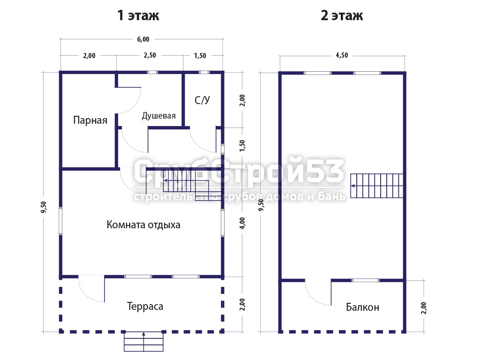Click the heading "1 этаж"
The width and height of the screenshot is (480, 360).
138,15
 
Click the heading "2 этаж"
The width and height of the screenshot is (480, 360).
342,15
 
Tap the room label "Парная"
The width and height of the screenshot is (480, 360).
90,120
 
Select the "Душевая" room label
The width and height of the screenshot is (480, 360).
158,116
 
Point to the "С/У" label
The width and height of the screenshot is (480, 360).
202,100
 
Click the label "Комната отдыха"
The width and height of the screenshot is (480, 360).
143,225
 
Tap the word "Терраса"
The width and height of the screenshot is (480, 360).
145,306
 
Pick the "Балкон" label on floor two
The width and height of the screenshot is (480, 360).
362,307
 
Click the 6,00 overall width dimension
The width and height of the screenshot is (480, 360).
143,39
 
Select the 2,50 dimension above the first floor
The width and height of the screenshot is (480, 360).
150,55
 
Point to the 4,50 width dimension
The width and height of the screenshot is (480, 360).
342,55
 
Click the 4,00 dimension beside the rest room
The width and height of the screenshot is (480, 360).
242,223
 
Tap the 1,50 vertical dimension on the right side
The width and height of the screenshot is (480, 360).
242,145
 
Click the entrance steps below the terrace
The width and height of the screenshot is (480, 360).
143,341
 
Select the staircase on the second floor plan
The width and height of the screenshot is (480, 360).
376,186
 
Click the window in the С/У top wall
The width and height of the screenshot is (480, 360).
204,73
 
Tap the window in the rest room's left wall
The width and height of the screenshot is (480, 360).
60,221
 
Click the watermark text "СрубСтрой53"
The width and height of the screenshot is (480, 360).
239,171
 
